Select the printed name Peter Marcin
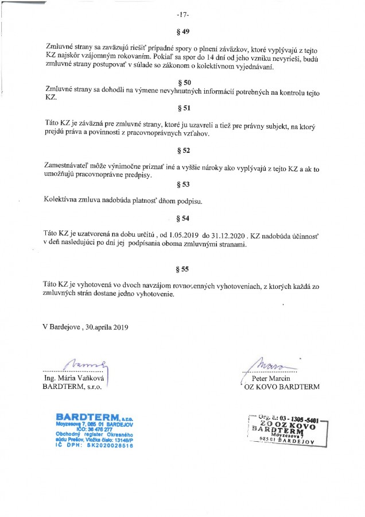(263, 379)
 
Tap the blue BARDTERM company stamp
(94, 430)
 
